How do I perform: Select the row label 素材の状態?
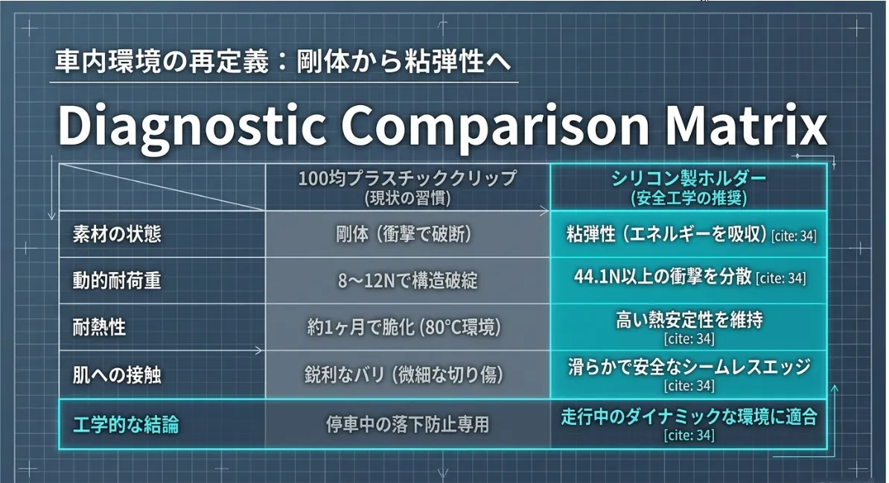[x=117, y=234]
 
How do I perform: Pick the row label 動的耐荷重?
[x=117, y=280]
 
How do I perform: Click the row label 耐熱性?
[x=99, y=327]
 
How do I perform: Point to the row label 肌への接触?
[x=117, y=375]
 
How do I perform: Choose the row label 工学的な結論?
[x=126, y=425]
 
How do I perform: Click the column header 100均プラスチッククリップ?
[x=408, y=178]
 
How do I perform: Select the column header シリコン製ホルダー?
[x=689, y=178]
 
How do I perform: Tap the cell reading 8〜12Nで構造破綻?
[x=408, y=280]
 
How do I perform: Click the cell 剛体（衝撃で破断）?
[x=404, y=234]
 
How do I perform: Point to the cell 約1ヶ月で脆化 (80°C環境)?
[x=404, y=327]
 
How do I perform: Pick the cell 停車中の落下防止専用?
[x=408, y=425]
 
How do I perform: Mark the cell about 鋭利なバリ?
[x=404, y=375]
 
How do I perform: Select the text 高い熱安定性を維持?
[x=689, y=320]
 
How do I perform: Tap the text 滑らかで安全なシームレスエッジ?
[x=689, y=367]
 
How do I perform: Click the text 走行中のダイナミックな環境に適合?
[x=689, y=417]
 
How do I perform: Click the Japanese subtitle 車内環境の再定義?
[x=162, y=61]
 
